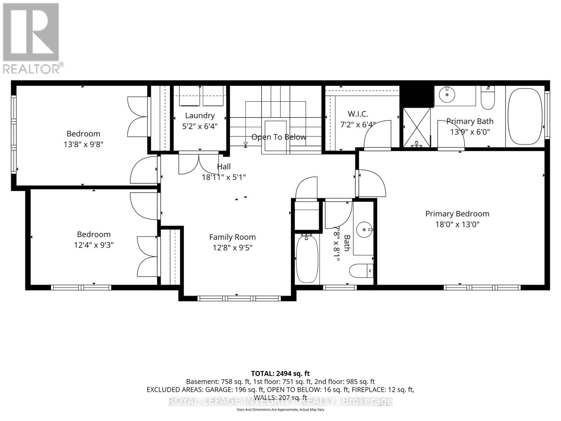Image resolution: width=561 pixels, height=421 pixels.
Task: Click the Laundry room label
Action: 200,115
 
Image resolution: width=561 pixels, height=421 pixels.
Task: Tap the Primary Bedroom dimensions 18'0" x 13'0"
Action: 457,224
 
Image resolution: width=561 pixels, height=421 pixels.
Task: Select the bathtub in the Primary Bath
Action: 525,116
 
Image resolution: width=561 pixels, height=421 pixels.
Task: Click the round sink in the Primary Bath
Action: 447,94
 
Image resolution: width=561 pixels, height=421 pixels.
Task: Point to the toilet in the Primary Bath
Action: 487,99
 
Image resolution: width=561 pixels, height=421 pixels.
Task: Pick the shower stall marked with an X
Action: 417,127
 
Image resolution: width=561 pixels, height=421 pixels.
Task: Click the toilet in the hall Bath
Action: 361,270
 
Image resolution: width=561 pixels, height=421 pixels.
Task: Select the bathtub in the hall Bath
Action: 307,259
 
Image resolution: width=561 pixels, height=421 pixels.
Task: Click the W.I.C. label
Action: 358,114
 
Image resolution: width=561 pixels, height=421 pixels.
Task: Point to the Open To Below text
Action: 279,137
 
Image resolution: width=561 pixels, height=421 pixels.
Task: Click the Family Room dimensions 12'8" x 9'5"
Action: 232,248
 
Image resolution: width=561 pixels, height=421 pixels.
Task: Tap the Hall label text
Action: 224,167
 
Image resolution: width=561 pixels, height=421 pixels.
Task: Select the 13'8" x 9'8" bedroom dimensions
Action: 83,144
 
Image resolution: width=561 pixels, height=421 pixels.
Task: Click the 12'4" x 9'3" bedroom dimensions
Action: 94,245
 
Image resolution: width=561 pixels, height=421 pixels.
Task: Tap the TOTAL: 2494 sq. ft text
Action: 280,374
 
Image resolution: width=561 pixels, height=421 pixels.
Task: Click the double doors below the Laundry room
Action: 199,163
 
